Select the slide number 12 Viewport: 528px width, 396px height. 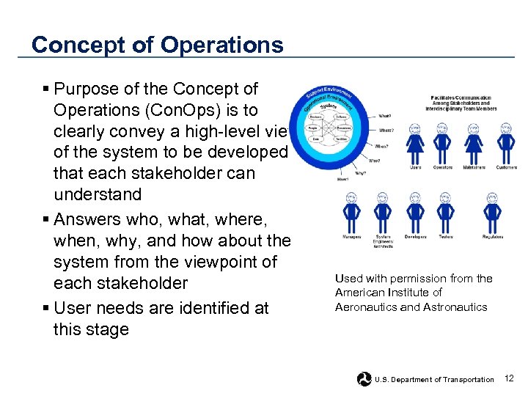[510, 378]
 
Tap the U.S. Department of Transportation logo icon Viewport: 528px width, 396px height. [364, 379]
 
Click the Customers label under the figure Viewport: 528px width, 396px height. [506, 168]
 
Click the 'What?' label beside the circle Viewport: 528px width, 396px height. [385, 116]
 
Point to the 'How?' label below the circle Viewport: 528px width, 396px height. [342, 178]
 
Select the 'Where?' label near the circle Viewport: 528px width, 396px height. [386, 131]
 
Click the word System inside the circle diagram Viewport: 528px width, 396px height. [330, 107]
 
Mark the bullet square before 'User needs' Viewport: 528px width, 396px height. [47, 308]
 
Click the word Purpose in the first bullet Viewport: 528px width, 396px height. [82, 89]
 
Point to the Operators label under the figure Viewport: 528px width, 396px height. [442, 168]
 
